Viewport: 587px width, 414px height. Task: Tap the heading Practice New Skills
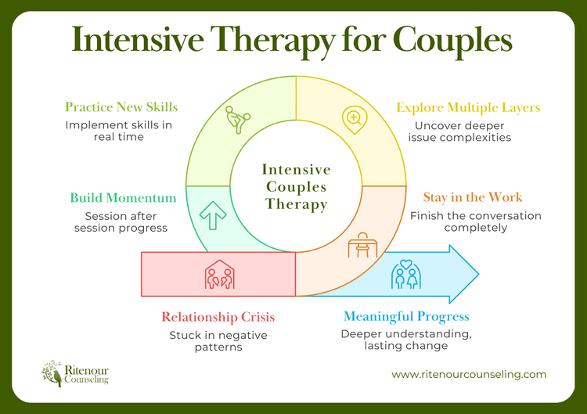coord(121,106)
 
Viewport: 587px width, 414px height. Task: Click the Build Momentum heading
coord(121,198)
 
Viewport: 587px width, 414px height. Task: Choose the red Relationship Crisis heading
coord(218,317)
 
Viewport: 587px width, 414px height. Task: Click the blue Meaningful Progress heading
coord(406,317)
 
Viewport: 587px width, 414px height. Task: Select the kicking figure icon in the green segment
coord(236,120)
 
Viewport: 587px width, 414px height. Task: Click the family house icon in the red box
coord(218,275)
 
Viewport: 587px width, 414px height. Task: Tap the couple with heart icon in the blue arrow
coord(405,274)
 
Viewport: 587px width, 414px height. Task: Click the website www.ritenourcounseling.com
coord(469,374)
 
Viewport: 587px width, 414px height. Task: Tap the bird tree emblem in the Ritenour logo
coord(53,373)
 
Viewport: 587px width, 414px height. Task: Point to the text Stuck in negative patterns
coord(218,340)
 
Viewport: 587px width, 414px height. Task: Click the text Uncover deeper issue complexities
coord(463,131)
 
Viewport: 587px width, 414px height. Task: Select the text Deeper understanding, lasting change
coord(406,340)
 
